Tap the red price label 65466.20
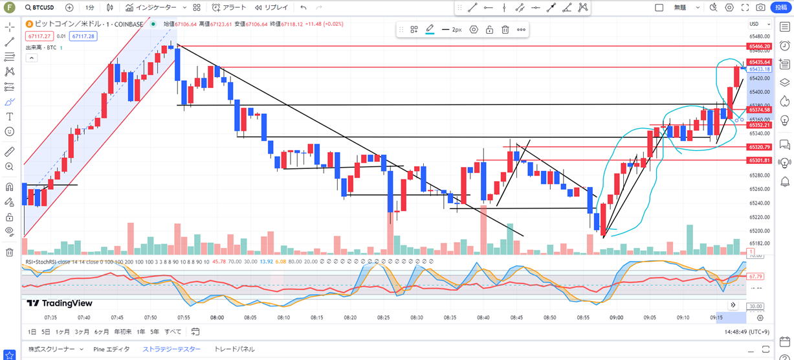click(758, 47)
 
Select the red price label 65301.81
click(758, 160)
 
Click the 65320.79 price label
click(758, 147)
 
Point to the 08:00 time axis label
click(217, 318)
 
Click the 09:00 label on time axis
click(616, 318)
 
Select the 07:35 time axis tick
click(50, 318)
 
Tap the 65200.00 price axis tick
click(758, 231)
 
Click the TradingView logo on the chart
click(60, 303)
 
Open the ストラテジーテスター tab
click(171, 349)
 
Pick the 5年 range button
click(155, 332)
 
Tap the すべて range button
click(173, 332)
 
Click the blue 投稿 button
click(782, 8)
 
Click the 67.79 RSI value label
click(755, 276)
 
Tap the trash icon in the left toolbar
click(9, 253)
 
